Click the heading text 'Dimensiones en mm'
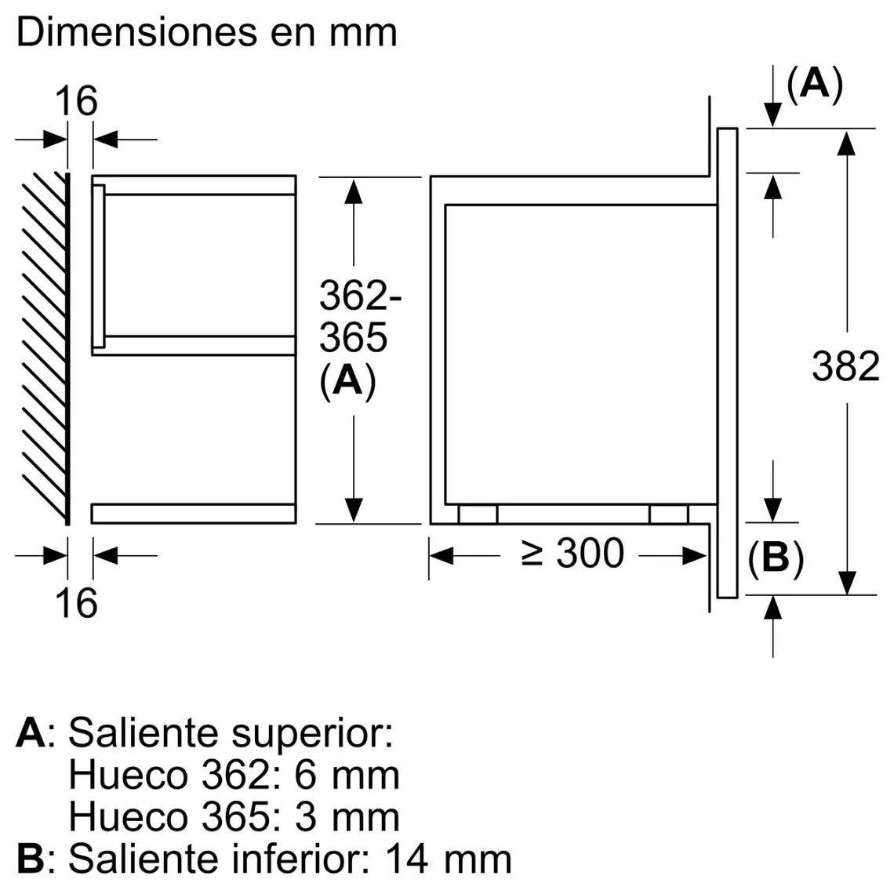click(206, 33)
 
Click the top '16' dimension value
click(76, 101)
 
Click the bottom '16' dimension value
click(76, 603)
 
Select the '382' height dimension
click(845, 366)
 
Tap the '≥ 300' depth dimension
click(573, 554)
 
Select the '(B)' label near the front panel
click(775, 558)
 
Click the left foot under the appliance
click(478, 514)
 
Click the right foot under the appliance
click(669, 514)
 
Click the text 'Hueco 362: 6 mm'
click(234, 775)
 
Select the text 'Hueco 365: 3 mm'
click(234, 816)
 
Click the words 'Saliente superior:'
click(230, 733)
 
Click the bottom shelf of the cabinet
click(193, 514)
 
